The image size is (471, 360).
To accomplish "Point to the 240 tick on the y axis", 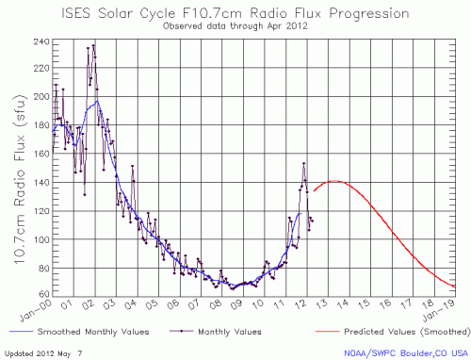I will coord(41,42).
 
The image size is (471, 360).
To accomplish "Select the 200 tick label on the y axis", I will coord(41,96).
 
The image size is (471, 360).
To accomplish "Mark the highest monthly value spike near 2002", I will coord(92,44).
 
